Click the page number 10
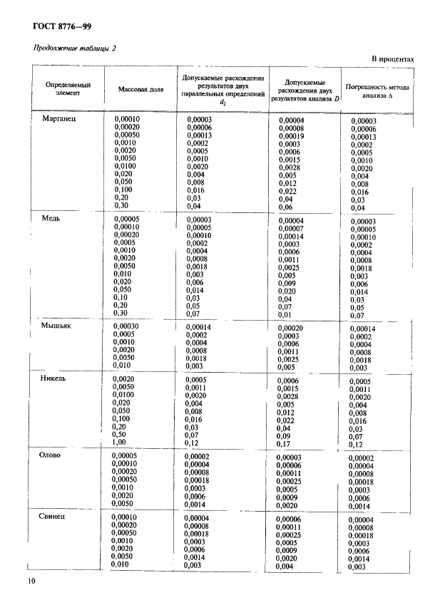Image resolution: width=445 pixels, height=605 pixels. [x=31, y=581]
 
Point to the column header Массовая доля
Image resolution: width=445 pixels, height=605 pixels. [x=140, y=90]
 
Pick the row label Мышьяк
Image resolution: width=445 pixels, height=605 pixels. [x=58, y=324]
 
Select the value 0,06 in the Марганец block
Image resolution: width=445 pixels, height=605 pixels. [x=285, y=207]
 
